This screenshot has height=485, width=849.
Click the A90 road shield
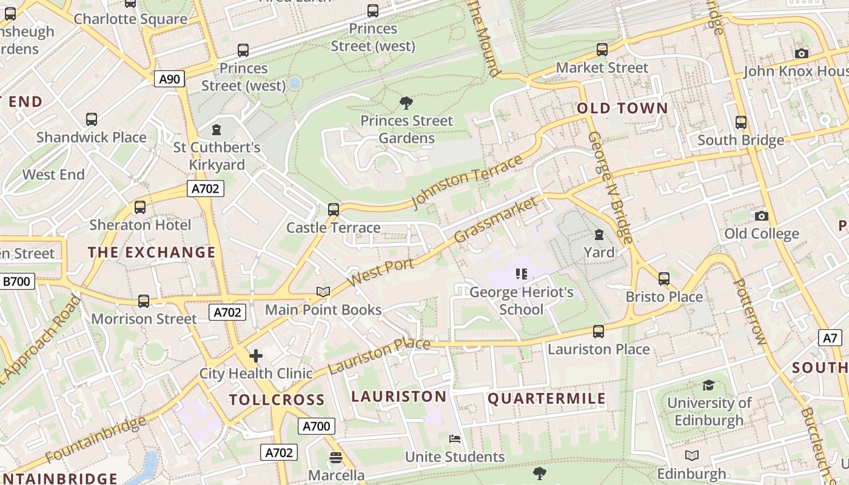tap(169, 79)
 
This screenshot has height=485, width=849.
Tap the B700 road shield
tap(17, 281)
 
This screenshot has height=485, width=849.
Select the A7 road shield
tap(830, 338)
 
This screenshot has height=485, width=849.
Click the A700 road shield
tap(316, 426)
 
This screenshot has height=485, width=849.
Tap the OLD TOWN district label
tap(622, 109)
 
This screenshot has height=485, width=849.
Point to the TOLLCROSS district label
tap(277, 400)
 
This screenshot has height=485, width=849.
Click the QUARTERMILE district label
tap(547, 398)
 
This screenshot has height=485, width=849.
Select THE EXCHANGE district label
tap(152, 252)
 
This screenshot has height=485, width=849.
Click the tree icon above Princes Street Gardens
tap(406, 103)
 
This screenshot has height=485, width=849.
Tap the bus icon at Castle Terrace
tap(333, 210)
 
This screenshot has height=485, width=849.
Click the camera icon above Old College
tap(762, 216)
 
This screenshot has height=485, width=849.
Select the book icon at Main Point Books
tap(323, 292)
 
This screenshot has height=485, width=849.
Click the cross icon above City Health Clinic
tap(256, 356)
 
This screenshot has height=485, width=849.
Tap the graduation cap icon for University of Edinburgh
tap(708, 385)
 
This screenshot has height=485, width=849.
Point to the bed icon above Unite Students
tap(454, 438)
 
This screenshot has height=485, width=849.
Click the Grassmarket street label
tap(495, 219)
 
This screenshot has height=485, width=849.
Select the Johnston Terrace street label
tap(466, 181)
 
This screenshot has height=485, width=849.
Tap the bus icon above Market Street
tap(602, 50)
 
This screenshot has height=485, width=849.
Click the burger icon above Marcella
tap(336, 457)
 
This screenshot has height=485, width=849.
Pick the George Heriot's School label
tap(522, 301)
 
